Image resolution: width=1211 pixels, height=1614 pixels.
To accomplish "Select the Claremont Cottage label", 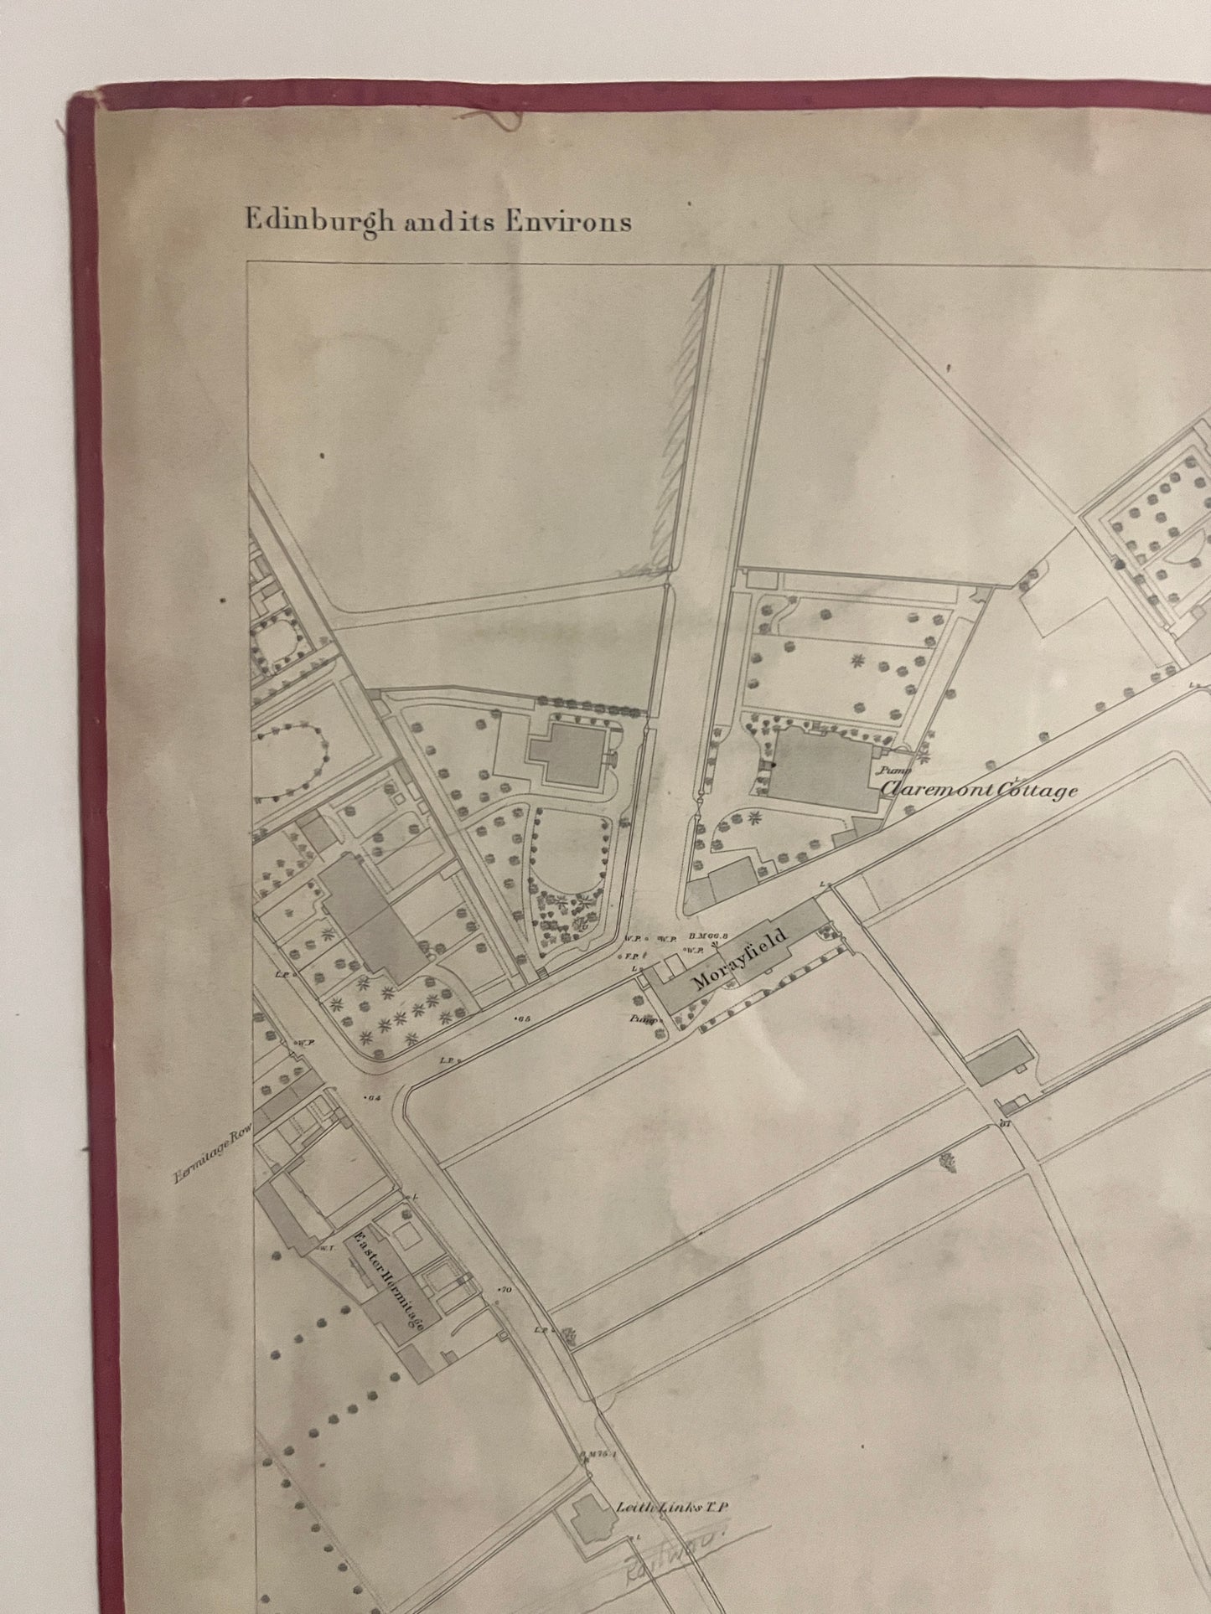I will point(978,789).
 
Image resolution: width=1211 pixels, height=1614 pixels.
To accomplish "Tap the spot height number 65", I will point(525,1019).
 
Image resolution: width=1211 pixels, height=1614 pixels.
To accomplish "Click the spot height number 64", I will point(374,1098).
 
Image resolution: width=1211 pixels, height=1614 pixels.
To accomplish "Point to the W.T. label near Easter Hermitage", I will point(323,1249).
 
